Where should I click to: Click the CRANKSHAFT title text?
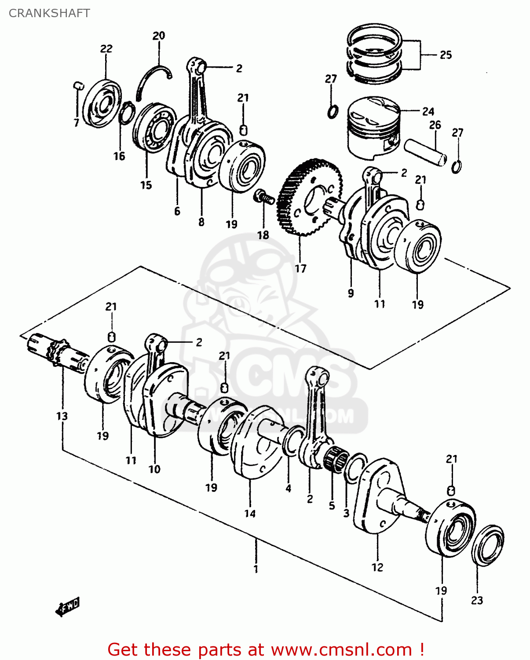click(x=49, y=13)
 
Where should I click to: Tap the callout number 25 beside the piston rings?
click(x=446, y=55)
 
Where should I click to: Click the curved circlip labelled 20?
click(x=152, y=79)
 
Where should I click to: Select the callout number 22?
click(x=106, y=49)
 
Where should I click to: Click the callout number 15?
click(x=146, y=185)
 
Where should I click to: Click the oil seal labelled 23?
click(x=487, y=545)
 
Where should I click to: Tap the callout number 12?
click(x=377, y=567)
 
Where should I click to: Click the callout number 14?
click(x=250, y=513)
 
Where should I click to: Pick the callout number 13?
click(x=62, y=416)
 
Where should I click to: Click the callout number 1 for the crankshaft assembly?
click(x=256, y=569)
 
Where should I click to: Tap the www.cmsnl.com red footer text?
click(x=341, y=649)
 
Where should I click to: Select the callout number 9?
click(x=351, y=293)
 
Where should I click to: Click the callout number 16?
click(x=119, y=156)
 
